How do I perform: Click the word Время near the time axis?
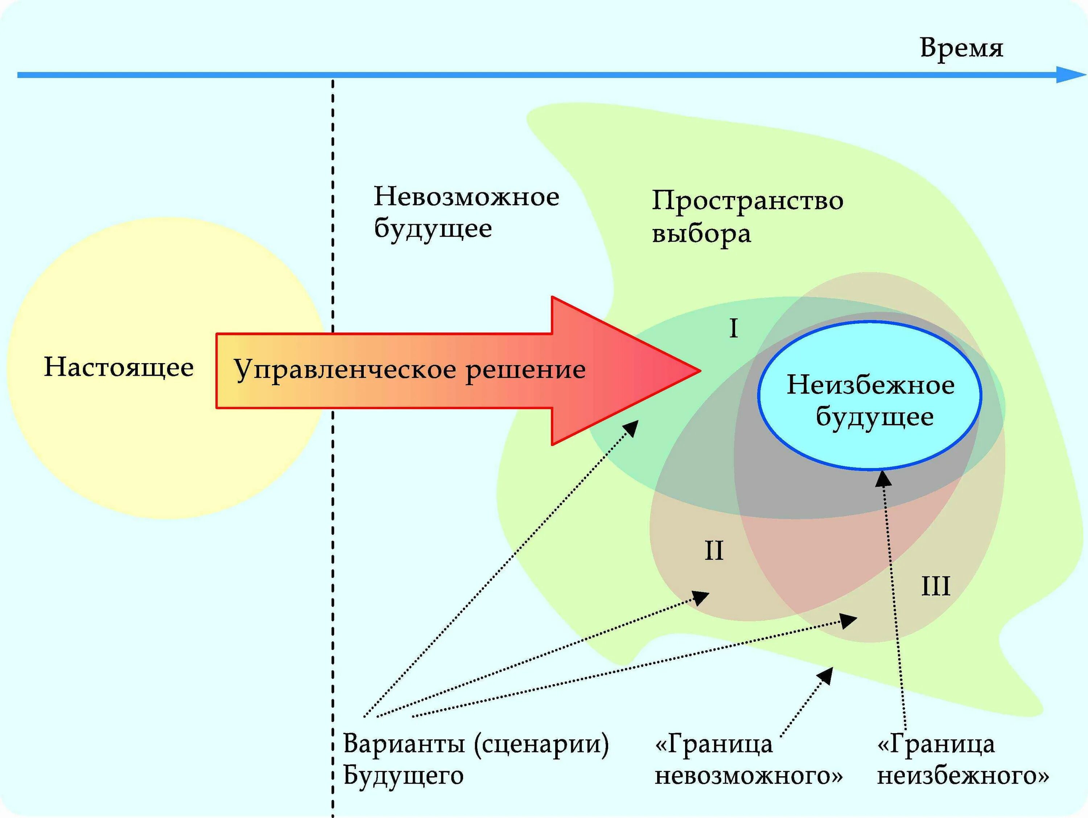tap(961, 48)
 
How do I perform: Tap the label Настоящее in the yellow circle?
tap(119, 367)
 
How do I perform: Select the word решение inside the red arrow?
tap(525, 370)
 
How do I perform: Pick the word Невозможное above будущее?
tap(466, 197)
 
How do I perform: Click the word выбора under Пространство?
tap(701, 234)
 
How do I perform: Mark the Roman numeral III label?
tap(936, 586)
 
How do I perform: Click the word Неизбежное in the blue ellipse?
tap(871, 385)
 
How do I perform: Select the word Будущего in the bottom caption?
tap(403, 776)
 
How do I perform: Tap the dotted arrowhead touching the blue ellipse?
tap(882, 478)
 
